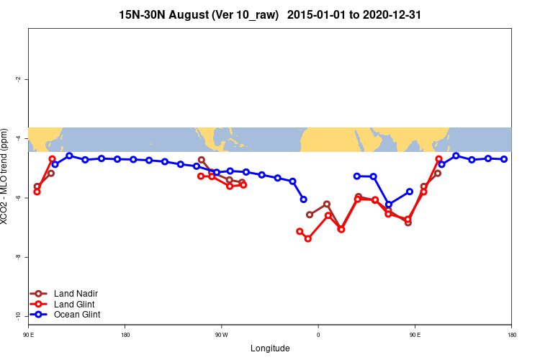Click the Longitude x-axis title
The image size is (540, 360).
coord(270,348)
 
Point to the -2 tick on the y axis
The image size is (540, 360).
coord(19,79)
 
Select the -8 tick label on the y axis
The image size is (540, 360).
coord(19,257)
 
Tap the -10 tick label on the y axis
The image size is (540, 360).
coord(19,316)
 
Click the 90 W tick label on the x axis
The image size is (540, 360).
coord(221,335)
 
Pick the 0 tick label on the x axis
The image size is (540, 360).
coord(318,335)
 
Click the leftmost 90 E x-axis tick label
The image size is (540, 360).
coord(29,335)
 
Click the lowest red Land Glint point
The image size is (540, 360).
coord(308,238)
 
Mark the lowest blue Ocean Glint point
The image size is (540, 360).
coord(389,204)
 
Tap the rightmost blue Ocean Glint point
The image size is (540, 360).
coord(504,159)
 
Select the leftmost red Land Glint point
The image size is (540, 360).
coord(37,192)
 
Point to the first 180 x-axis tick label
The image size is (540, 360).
coord(125,335)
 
